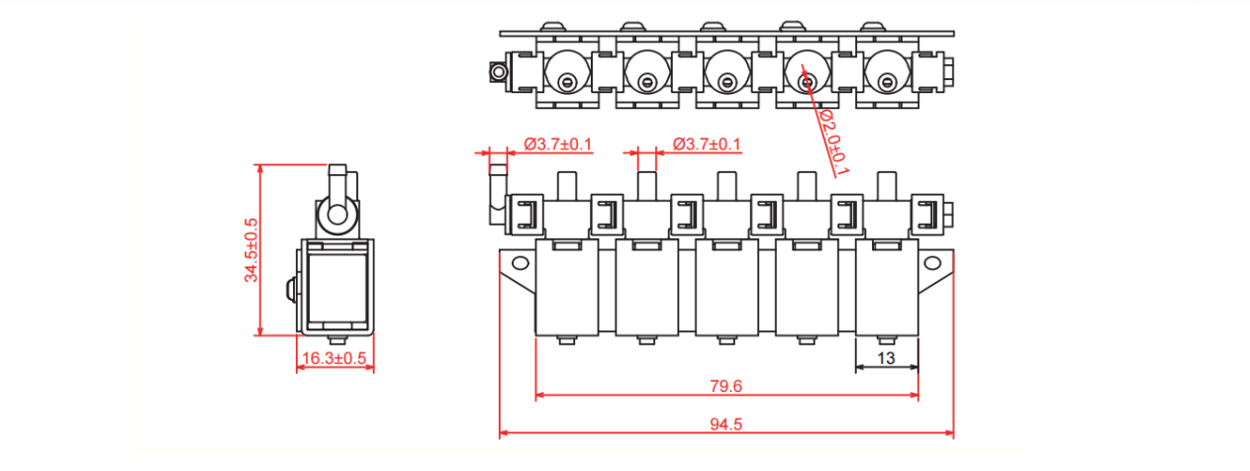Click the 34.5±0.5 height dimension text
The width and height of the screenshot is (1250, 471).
251,250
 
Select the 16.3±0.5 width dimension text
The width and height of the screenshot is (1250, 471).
334,357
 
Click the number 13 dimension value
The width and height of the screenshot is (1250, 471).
886,357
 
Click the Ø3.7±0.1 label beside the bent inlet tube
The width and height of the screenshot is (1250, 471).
557,144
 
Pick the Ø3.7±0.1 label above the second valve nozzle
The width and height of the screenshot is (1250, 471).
707,144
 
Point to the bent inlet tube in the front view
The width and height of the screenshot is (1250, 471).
495,194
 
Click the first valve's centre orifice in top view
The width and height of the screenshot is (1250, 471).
566,83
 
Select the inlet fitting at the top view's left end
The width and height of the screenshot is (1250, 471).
498,71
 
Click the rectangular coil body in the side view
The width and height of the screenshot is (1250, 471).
337,287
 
